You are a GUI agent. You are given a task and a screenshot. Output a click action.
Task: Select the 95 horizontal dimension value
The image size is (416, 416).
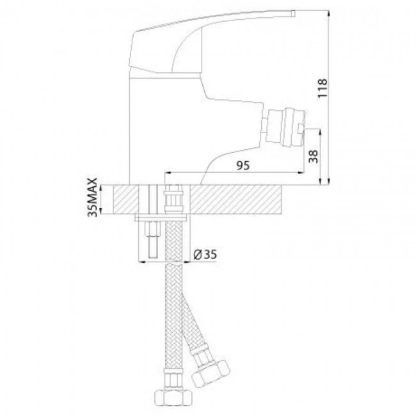pyautogui.click(x=243, y=165)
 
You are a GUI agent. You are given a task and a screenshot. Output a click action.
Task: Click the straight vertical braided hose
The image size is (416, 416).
pyautogui.click(x=173, y=307)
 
